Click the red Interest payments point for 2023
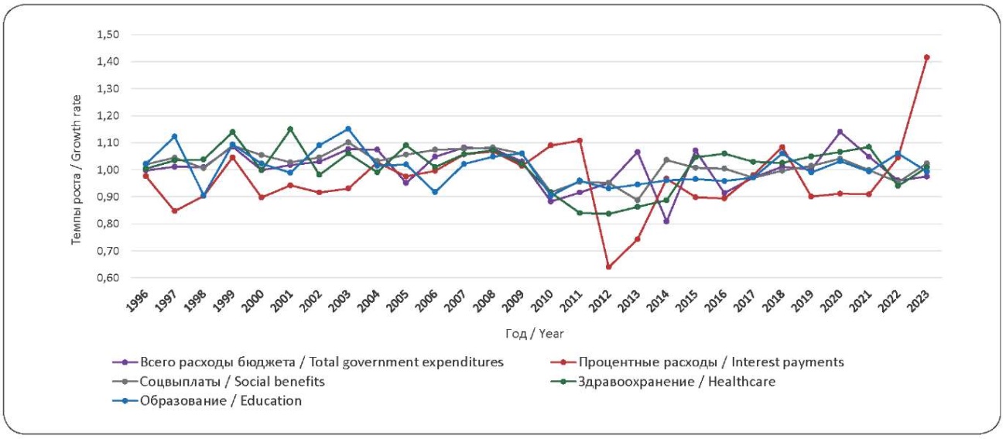pyautogui.click(x=926, y=57)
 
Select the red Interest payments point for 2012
pyautogui.click(x=609, y=266)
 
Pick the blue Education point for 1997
pyautogui.click(x=174, y=136)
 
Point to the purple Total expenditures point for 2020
pyautogui.click(x=840, y=132)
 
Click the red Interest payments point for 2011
pyautogui.click(x=579, y=140)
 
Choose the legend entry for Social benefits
pyautogui.click(x=232, y=382)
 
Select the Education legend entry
pyautogui.click(x=221, y=401)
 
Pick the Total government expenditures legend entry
pyautogui.click(x=322, y=362)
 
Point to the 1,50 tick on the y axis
pyautogui.click(x=109, y=35)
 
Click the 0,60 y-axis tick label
pyautogui.click(x=109, y=278)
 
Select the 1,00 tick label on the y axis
pyautogui.click(x=109, y=170)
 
